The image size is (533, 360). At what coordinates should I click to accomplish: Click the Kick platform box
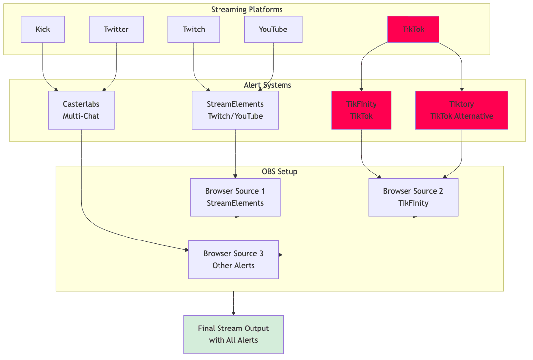(43, 29)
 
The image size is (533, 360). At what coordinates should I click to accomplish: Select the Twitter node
(116, 29)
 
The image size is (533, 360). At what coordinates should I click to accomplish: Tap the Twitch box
(193, 29)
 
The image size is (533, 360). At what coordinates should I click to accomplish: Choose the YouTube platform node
(273, 29)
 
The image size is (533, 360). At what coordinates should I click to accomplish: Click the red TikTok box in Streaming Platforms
(413, 29)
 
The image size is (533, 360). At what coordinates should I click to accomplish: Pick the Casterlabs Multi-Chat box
(81, 110)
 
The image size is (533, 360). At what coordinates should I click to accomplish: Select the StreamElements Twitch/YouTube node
(235, 110)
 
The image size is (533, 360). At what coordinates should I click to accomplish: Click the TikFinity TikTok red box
(361, 110)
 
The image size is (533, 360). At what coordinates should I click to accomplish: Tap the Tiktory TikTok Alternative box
(462, 110)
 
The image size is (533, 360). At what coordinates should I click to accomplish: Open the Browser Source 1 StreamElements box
(235, 197)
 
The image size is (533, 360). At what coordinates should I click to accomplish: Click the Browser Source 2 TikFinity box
(413, 197)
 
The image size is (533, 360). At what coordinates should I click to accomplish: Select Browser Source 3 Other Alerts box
(233, 260)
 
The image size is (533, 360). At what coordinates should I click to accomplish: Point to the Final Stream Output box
(233, 334)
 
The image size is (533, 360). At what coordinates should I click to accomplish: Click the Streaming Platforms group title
(247, 10)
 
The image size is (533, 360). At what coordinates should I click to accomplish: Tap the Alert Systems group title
(267, 85)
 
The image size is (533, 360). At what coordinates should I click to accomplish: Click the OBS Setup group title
(279, 172)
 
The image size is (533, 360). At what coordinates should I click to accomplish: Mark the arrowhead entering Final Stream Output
(233, 313)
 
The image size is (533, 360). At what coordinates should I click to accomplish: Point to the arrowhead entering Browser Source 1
(235, 176)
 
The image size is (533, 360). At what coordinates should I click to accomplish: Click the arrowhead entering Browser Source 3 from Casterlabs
(186, 250)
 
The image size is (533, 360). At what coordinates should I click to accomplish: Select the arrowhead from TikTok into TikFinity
(361, 89)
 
